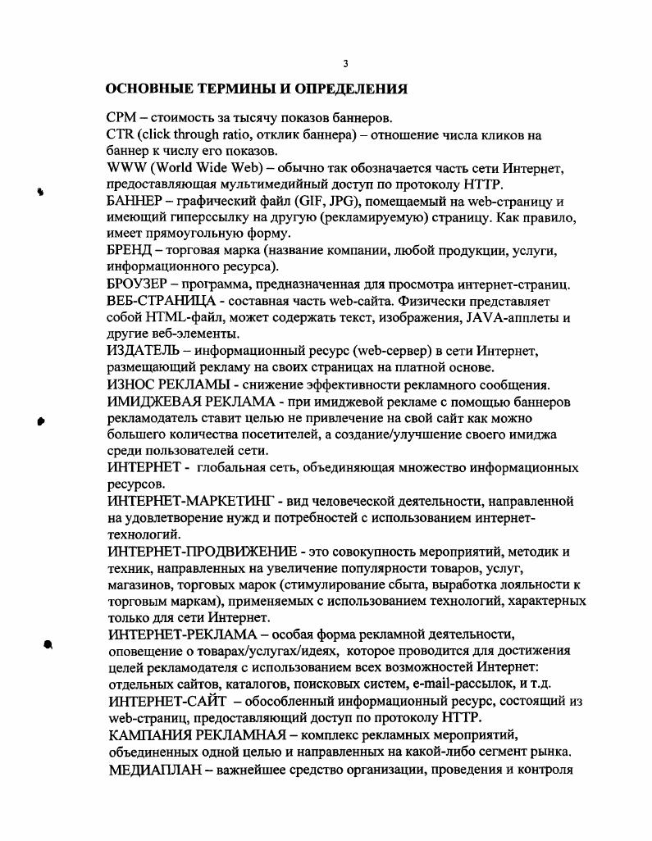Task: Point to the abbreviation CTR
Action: [121, 135]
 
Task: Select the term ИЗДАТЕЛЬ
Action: [142, 352]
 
